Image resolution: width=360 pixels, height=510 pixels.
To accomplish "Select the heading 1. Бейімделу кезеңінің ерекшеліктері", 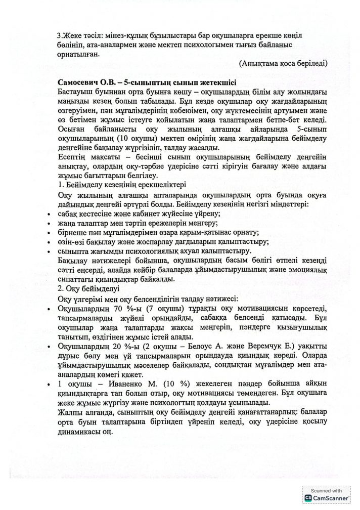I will [122, 184].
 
